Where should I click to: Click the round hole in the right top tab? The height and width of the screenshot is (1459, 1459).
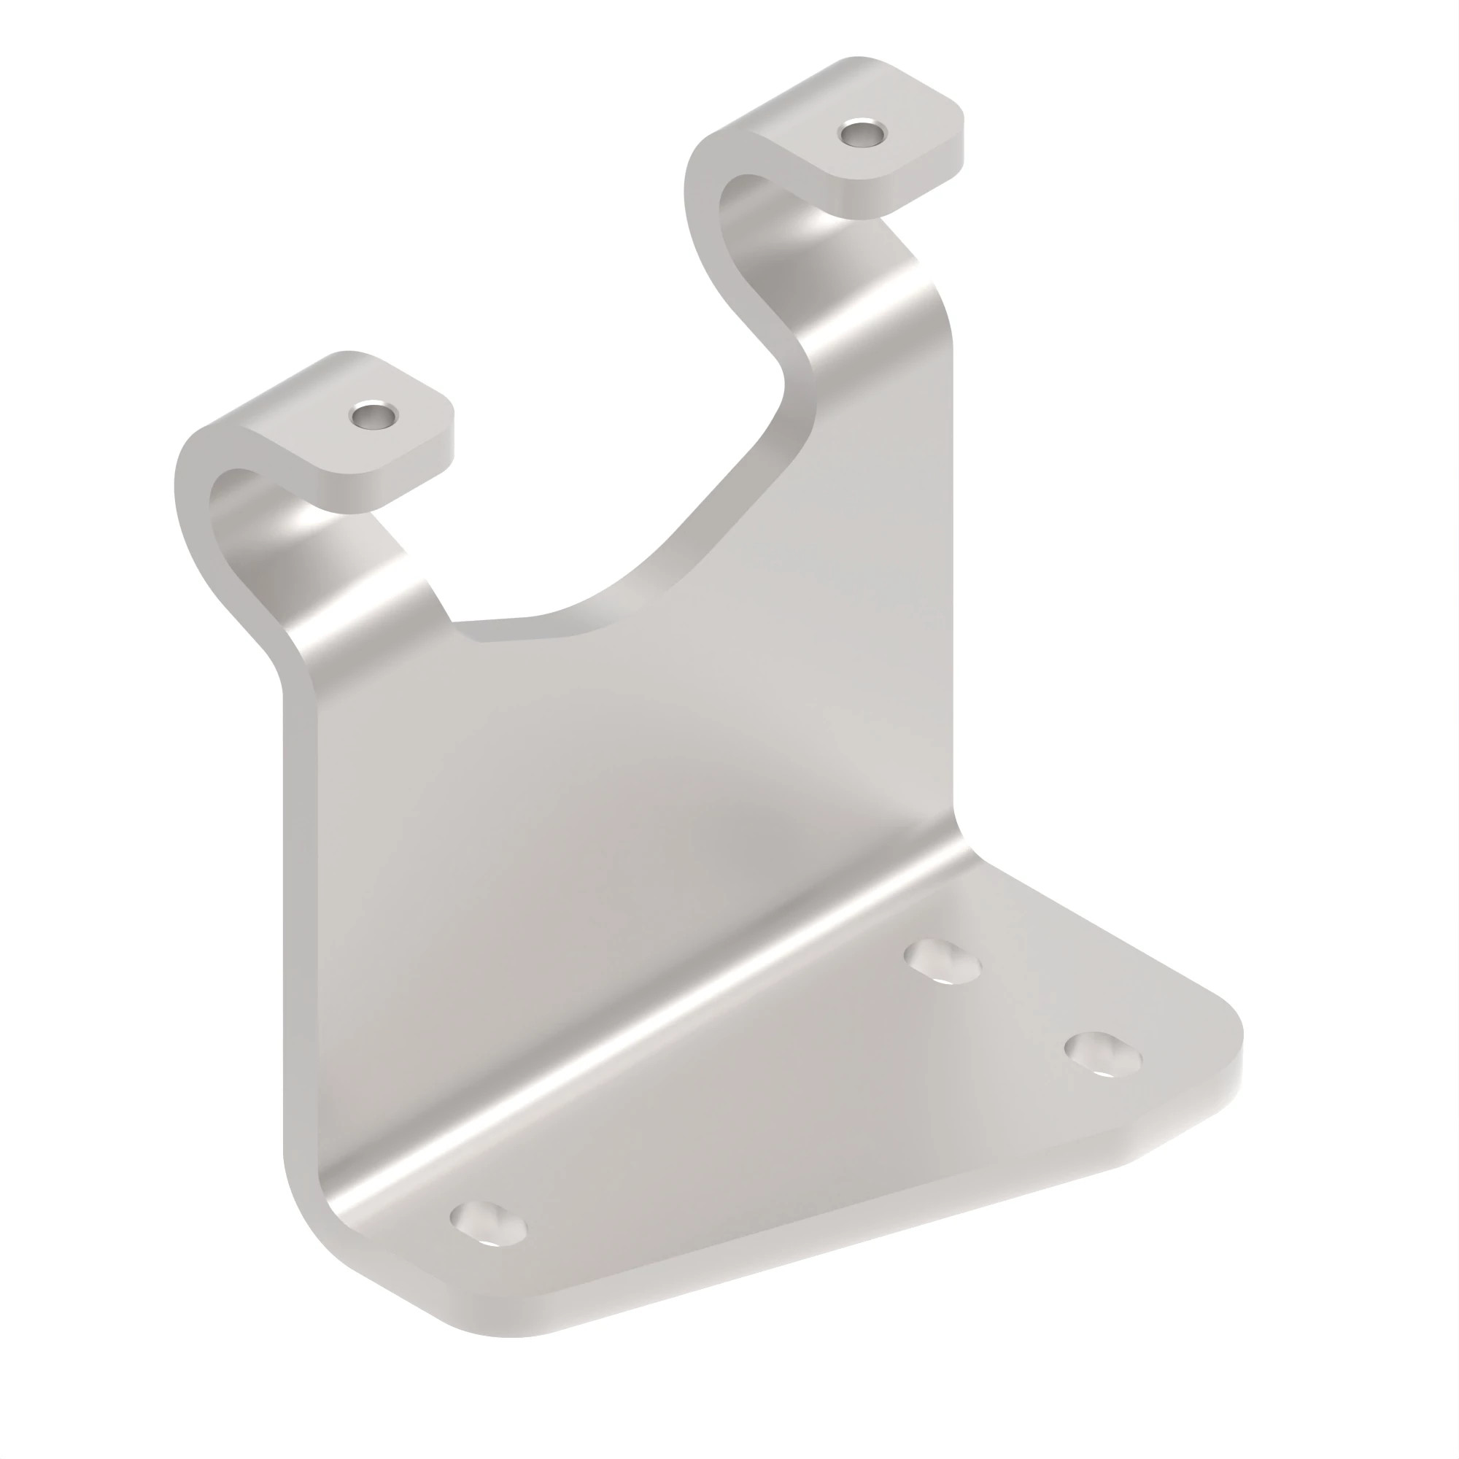pos(863,134)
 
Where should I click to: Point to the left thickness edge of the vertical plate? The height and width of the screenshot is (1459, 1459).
pos(300,906)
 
